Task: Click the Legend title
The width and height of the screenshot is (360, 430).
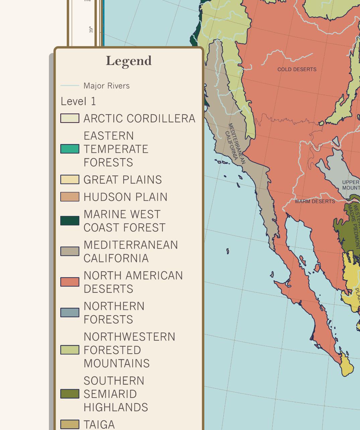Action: (129, 61)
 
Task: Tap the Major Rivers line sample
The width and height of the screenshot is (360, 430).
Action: (70, 86)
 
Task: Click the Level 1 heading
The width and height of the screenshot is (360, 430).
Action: (78, 101)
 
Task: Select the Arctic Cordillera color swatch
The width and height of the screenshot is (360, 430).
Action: (70, 118)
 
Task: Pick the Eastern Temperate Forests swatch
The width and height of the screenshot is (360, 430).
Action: (70, 149)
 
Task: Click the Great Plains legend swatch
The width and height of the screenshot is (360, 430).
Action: (70, 180)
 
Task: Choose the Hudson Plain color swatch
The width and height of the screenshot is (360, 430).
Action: (70, 197)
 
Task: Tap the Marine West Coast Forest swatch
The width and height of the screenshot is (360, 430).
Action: (70, 221)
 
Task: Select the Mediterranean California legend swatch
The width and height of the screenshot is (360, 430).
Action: (70, 251)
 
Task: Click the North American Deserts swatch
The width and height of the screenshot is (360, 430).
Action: (70, 282)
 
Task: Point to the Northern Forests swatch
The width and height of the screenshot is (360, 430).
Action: (70, 312)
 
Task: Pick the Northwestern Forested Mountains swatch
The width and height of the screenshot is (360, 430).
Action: (70, 350)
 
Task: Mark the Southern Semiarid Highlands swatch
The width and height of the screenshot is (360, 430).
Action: (70, 394)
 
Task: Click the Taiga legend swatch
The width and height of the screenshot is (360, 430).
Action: (70, 424)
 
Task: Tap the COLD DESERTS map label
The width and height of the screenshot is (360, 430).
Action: (297, 69)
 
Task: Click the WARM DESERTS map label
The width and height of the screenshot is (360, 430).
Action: (315, 201)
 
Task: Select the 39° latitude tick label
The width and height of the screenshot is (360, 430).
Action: (91, 29)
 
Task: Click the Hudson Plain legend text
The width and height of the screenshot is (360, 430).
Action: (125, 197)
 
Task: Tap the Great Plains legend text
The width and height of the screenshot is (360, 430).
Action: (123, 180)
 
